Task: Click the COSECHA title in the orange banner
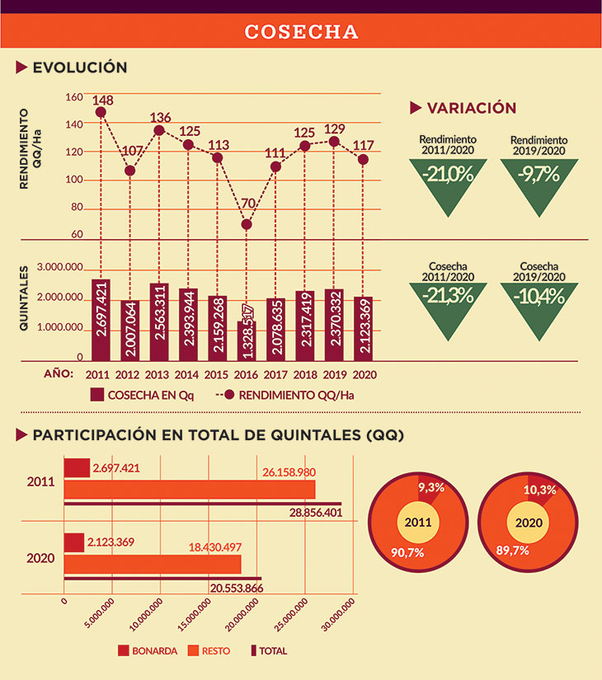click(x=301, y=32)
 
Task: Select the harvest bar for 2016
click(x=247, y=340)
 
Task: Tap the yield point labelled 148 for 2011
click(x=101, y=112)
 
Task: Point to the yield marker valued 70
click(x=247, y=224)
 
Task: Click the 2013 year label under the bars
click(x=159, y=374)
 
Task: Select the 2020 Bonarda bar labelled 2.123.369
click(x=73, y=542)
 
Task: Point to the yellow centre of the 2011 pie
click(x=419, y=523)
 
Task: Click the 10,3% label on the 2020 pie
click(x=540, y=490)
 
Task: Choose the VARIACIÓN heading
click(x=471, y=108)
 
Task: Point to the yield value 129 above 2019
click(x=333, y=129)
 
